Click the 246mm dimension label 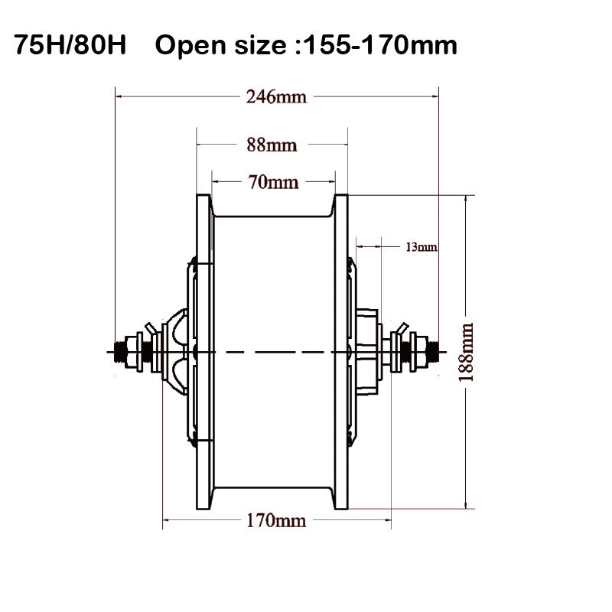[275, 97]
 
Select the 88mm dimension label [272, 144]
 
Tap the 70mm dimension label [272, 182]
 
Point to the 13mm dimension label [420, 246]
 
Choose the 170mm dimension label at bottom [275, 521]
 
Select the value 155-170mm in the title [381, 46]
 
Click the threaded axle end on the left [119, 351]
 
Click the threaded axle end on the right [433, 351]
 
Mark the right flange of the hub [340, 351]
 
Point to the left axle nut [141, 351]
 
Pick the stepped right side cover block [368, 351]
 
